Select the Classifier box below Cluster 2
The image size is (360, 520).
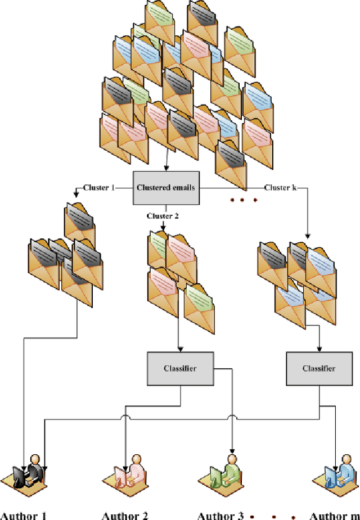181,368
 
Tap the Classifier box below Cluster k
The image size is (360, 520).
319,368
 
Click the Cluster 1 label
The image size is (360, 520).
98,187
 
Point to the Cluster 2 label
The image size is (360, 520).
163,216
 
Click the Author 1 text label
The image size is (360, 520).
23,515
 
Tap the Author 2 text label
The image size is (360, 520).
125,515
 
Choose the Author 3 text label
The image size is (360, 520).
220,515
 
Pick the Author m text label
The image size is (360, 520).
335,515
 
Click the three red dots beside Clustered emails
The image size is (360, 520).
242,200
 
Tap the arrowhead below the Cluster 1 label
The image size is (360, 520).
76,195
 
